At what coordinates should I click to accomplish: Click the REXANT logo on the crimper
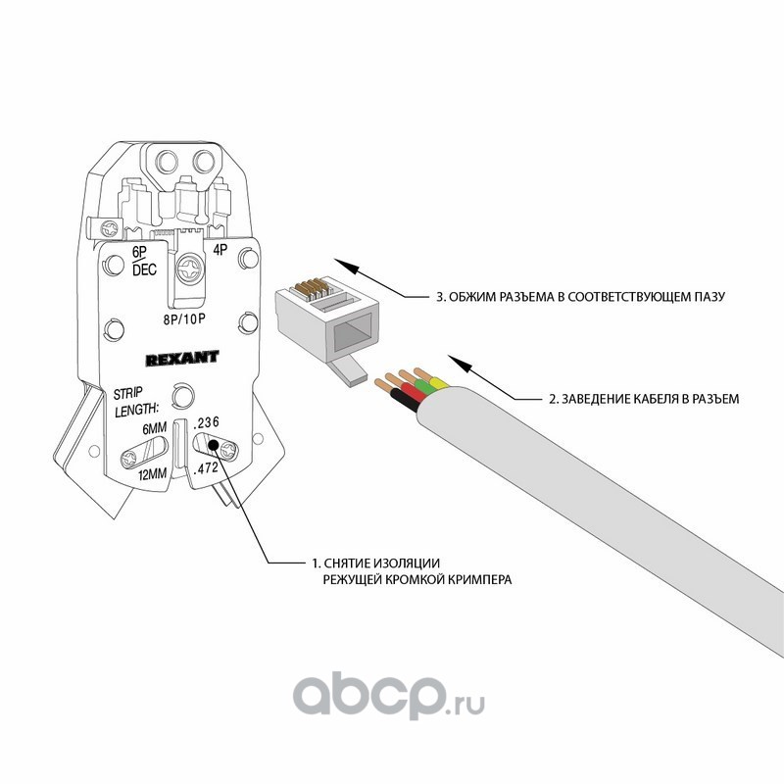[x=181, y=358]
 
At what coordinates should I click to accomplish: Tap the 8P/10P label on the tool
[x=186, y=318]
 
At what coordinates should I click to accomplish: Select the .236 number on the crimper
[x=208, y=422]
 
